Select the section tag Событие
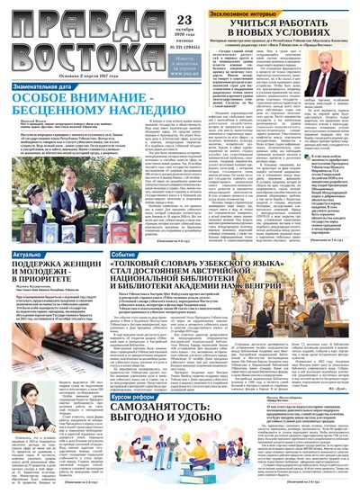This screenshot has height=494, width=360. (x=124, y=256)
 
